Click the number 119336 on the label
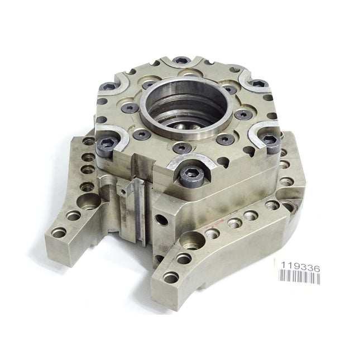300,267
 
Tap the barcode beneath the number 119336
299,276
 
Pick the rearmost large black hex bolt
181,61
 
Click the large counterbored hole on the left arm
88,201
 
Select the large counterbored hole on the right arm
192,241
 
